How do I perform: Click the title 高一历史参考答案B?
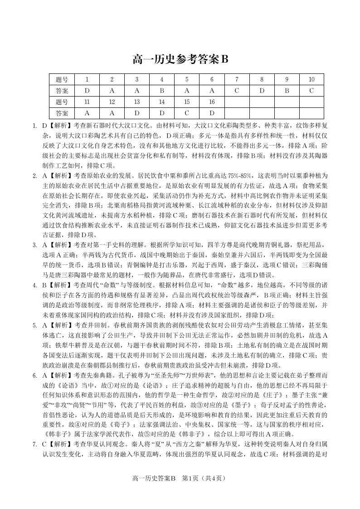[180, 59]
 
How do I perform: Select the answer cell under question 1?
[87, 90]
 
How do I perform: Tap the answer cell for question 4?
[161, 90]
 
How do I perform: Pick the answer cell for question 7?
[237, 90]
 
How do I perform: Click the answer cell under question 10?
[311, 90]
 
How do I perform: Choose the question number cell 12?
[112, 102]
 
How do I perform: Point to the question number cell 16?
[211, 102]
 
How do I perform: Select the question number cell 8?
[262, 79]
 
